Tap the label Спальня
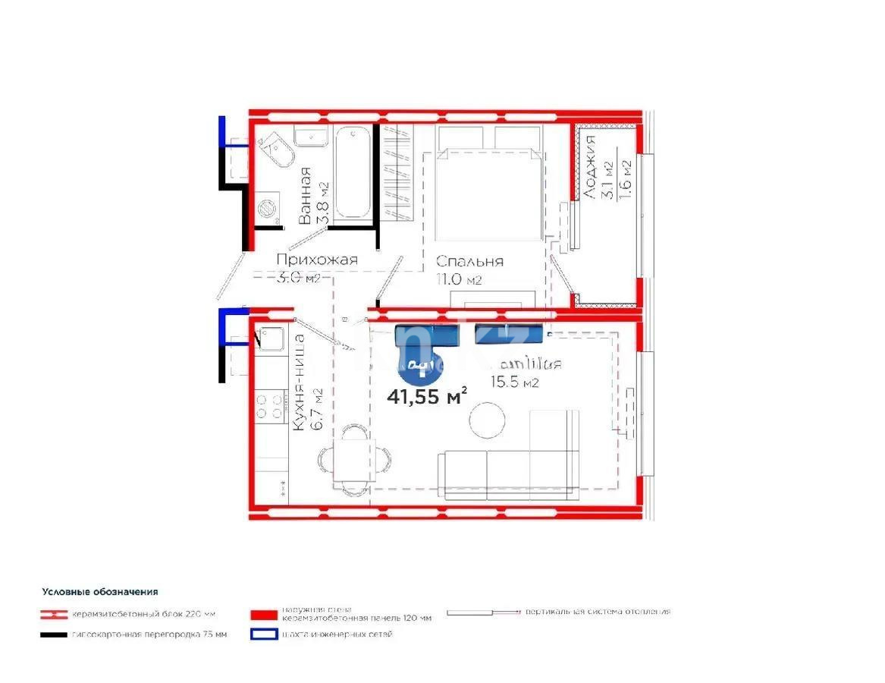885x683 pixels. click(469, 262)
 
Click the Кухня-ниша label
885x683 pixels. click(300, 382)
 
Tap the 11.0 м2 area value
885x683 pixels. click(459, 280)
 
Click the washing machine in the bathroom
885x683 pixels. click(267, 209)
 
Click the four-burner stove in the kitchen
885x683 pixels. click(270, 404)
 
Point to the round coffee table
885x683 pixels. click(487, 420)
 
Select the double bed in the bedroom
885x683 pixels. click(484, 194)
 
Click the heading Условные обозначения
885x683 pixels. click(100, 592)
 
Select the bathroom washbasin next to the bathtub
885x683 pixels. click(311, 137)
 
